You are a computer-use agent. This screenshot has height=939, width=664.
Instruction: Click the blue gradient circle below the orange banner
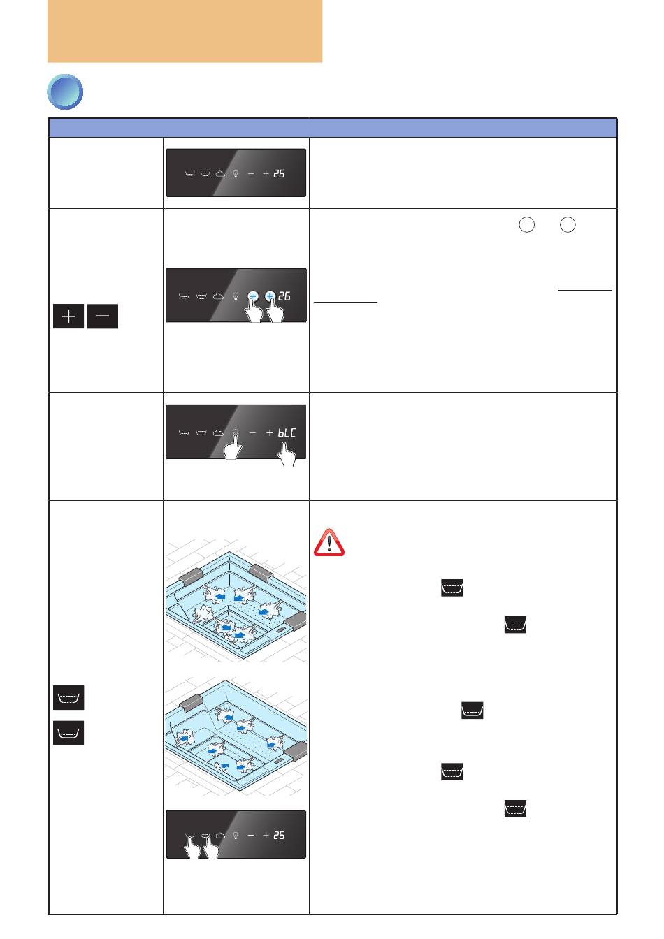coord(64,92)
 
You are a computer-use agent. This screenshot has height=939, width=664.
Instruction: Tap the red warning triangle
coord(329,543)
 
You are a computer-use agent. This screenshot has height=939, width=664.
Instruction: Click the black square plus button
coord(68,316)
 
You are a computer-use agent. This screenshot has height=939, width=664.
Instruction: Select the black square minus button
coord(102,316)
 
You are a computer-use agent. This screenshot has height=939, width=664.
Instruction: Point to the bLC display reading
coord(287,432)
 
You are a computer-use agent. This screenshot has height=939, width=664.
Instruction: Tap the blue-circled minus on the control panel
coord(252,296)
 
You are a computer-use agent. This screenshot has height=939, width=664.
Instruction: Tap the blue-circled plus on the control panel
coord(270,296)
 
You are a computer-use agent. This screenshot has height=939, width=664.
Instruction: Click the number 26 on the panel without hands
coord(279,173)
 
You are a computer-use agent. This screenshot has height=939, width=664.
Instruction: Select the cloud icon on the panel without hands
coord(220,173)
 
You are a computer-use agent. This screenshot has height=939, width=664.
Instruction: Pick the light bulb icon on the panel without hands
coord(236,174)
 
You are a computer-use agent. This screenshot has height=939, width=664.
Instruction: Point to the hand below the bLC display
coord(287,455)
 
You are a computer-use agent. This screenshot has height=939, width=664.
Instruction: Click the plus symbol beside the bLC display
coord(269,432)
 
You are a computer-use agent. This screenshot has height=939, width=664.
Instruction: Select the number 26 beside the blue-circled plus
coord(284,296)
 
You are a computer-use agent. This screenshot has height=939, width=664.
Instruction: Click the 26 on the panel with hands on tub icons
coord(279,835)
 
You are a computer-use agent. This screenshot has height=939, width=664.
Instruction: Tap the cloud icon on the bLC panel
coord(218,432)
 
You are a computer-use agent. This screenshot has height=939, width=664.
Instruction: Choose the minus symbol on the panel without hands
coord(251,173)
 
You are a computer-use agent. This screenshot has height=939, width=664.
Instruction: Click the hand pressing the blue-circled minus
coord(254,311)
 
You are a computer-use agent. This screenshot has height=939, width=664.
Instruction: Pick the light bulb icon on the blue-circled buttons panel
coord(236,296)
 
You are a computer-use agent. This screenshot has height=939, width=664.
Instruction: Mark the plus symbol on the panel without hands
coord(266,173)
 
